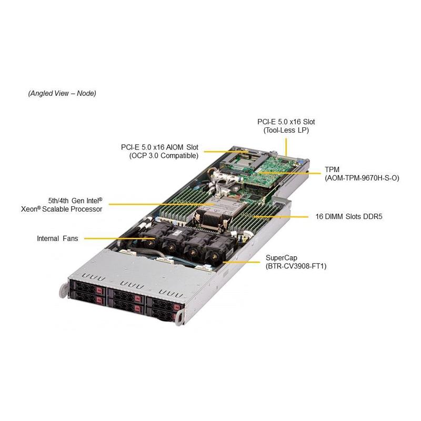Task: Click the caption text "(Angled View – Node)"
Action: [62, 93]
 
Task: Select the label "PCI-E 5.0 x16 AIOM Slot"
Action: [159, 147]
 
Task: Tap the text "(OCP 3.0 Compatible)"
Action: [164, 156]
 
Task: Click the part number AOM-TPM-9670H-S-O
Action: [362, 178]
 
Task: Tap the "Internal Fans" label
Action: [57, 238]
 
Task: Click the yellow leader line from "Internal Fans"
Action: [116, 238]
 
